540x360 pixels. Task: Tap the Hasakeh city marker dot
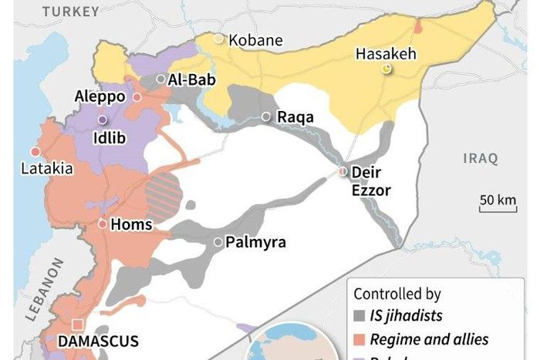coord(386,69)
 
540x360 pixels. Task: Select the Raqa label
coord(295,117)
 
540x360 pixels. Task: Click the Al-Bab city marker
coord(160,79)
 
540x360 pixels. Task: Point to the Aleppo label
coord(100,97)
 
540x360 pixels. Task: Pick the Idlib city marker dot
coord(102,120)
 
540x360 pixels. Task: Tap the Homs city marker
coord(103,224)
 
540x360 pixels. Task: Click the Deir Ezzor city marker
coord(343,172)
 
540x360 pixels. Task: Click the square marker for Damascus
coord(76,324)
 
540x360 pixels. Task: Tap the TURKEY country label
coord(71,11)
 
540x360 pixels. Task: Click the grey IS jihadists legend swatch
coord(359,316)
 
